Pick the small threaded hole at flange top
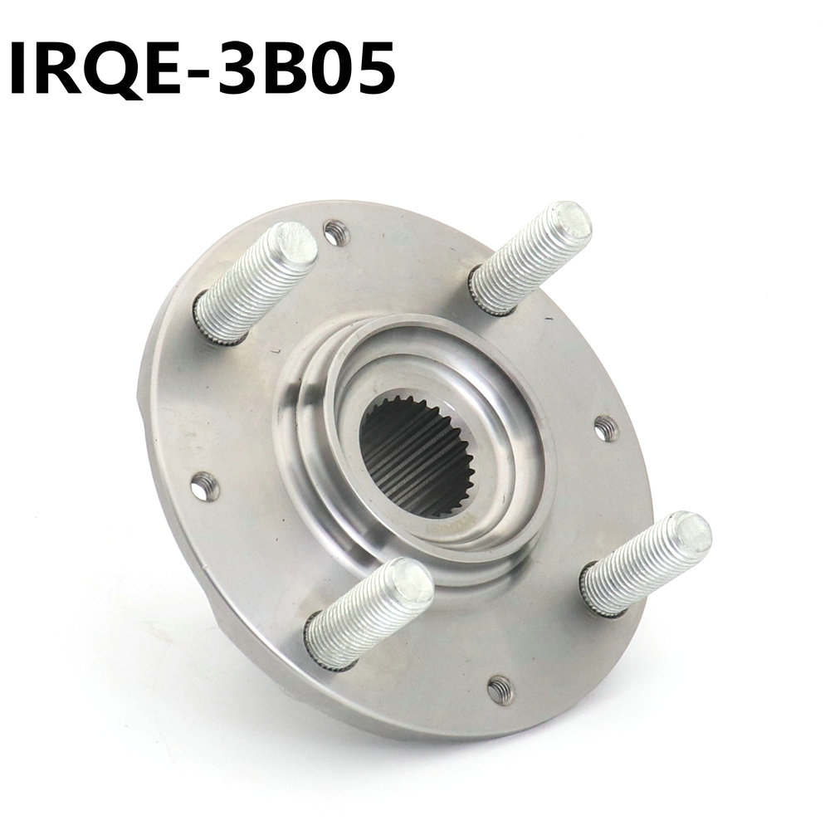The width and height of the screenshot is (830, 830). point(334,232)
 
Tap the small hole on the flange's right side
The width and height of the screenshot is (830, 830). point(605,428)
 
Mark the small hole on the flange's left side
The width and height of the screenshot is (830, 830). point(203,486)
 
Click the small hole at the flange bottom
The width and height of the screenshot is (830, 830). point(499,688)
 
